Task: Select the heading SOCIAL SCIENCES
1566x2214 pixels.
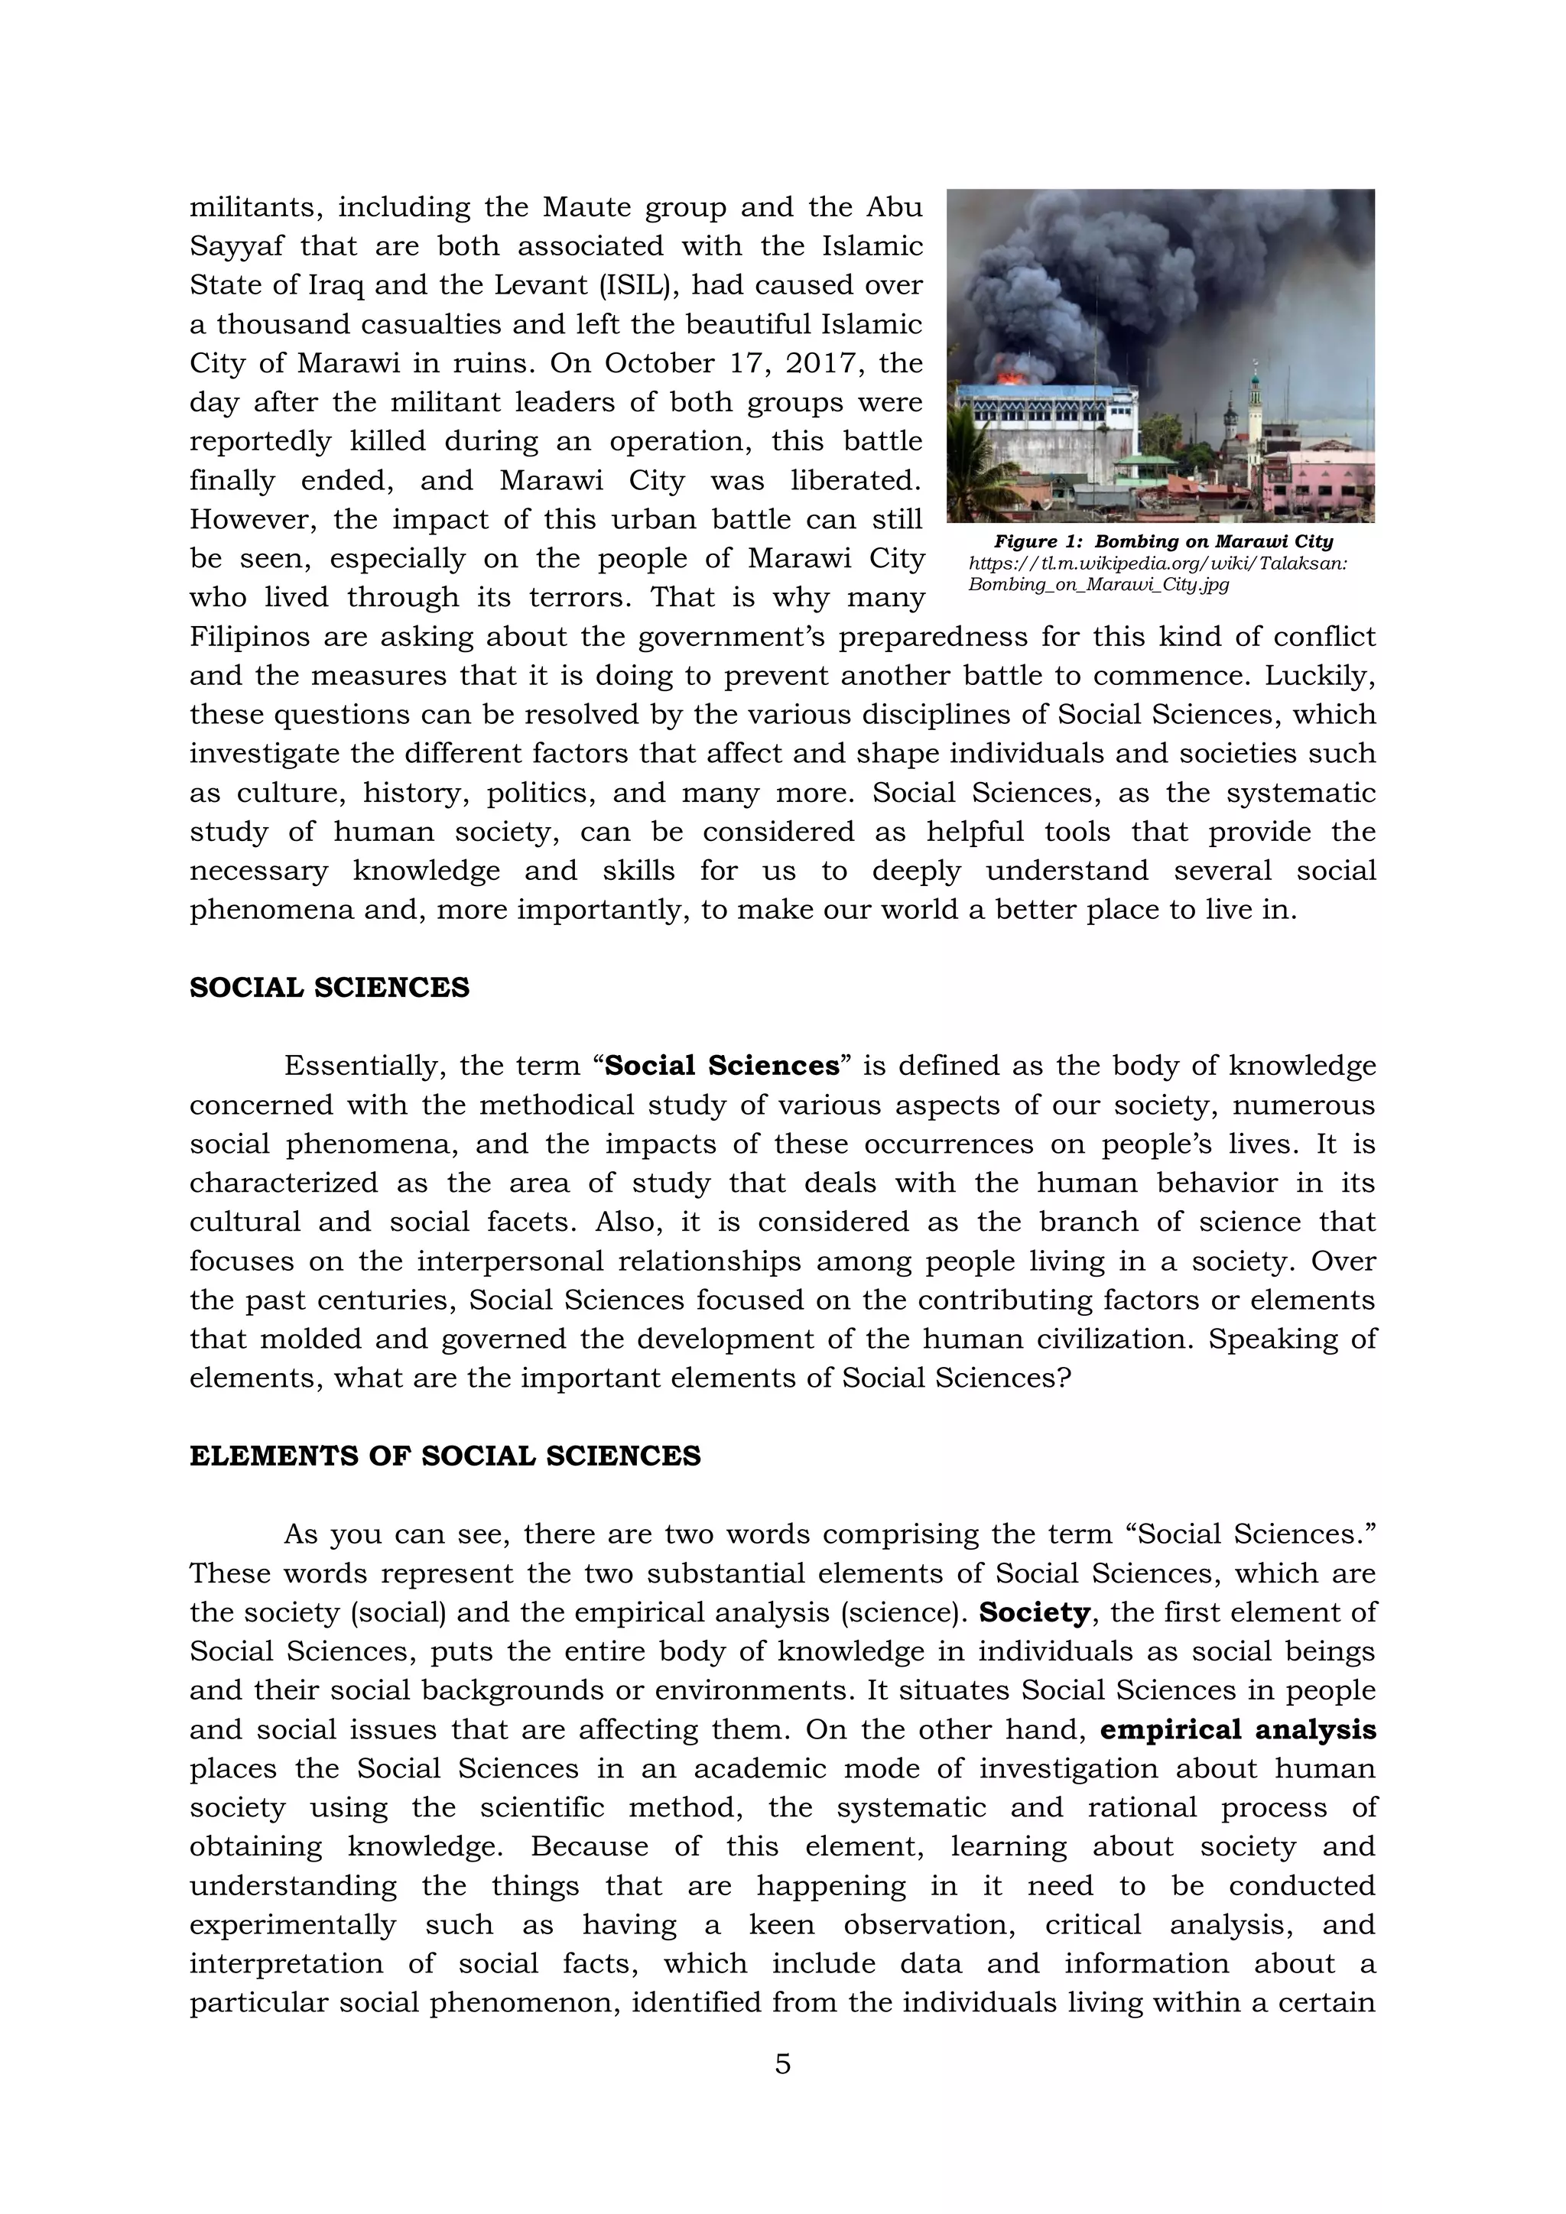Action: pos(329,988)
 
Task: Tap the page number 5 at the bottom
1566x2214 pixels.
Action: pos(782,2064)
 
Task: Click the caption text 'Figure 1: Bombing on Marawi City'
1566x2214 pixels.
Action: pos(1163,542)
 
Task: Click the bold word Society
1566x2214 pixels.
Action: pos(1034,1612)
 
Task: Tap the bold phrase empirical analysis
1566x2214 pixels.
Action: pos(1237,1729)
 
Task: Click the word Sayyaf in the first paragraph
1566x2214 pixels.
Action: pos(236,247)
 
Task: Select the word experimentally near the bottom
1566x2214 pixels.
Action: pos(292,1925)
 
